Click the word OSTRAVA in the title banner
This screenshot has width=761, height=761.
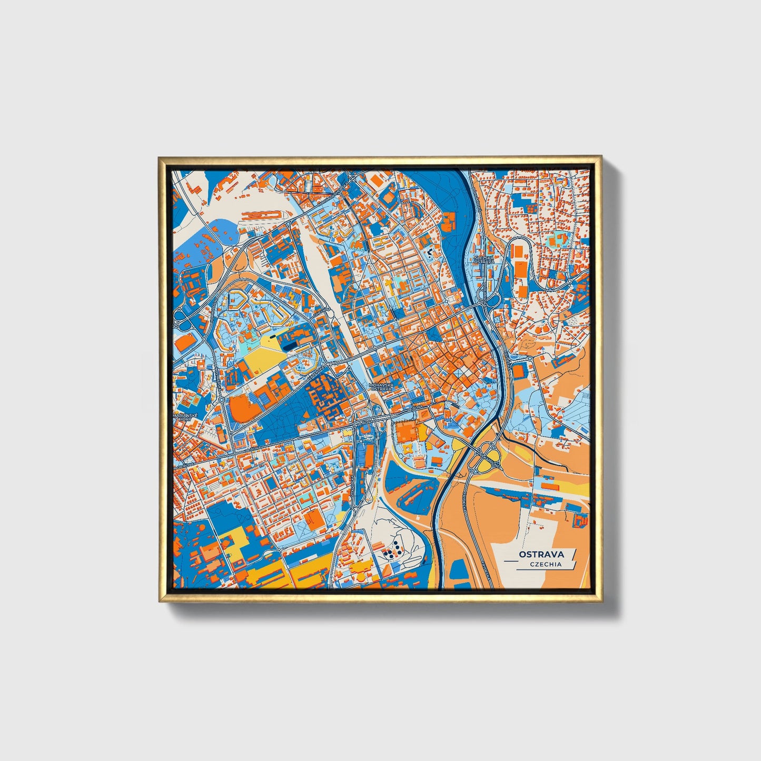point(541,554)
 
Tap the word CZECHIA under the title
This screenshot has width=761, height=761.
point(546,564)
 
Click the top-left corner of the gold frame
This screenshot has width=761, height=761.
point(159,157)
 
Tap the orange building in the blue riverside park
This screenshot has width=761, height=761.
point(448,221)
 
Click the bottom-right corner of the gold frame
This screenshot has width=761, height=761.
point(601,601)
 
